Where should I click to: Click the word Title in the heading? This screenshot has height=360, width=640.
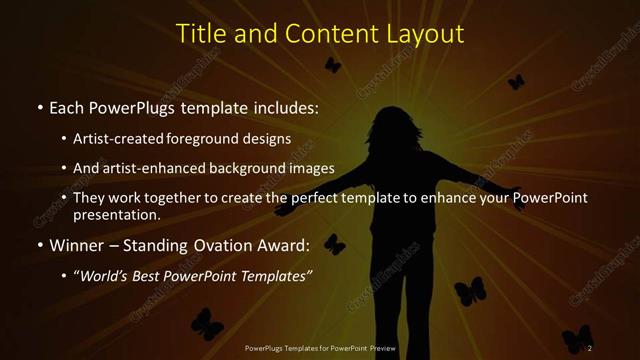click(200, 33)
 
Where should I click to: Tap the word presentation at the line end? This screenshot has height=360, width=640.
click(117, 214)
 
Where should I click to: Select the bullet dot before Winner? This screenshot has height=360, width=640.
click(39, 245)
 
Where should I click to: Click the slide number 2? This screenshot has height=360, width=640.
click(590, 347)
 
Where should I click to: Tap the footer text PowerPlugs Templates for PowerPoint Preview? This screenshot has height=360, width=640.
click(320, 348)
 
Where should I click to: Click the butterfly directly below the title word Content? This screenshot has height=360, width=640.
click(332, 65)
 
